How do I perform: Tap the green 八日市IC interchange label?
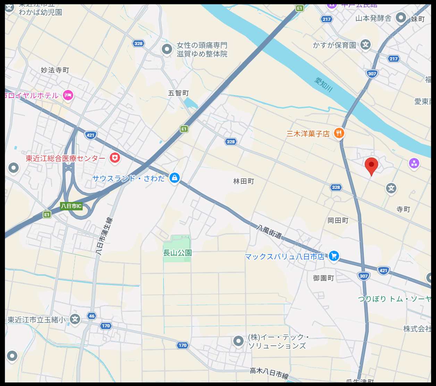click(x=71, y=206)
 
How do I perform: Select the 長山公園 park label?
click(x=177, y=253)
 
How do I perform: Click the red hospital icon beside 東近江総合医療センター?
click(x=115, y=158)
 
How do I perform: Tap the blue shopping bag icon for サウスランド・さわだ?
click(x=174, y=178)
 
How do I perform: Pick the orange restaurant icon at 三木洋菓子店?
click(x=339, y=133)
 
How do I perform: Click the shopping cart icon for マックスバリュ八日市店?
click(x=334, y=256)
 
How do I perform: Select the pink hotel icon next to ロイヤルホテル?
click(x=68, y=95)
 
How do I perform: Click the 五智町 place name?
click(x=178, y=93)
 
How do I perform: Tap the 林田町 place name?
click(x=243, y=181)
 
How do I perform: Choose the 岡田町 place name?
click(x=338, y=220)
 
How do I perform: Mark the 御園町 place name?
click(x=323, y=278)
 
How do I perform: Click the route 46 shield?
click(x=92, y=316)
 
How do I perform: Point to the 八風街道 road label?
click(x=269, y=232)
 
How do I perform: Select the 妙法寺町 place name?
click(x=55, y=70)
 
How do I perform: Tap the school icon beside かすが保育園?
click(x=365, y=44)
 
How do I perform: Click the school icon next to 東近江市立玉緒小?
click(x=75, y=319)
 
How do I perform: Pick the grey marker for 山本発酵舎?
click(x=401, y=17)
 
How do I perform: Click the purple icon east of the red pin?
click(x=414, y=163)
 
